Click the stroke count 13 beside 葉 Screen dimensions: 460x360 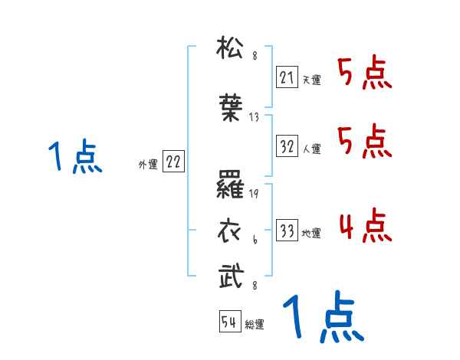255,119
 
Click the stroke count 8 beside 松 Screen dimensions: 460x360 255,56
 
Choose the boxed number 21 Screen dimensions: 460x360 287,77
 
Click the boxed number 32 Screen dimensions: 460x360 287,146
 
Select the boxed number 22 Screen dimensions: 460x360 173,162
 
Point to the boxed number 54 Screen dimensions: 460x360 228,322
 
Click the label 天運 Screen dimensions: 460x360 311,79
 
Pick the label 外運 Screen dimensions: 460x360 147,164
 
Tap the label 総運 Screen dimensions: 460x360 255,325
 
